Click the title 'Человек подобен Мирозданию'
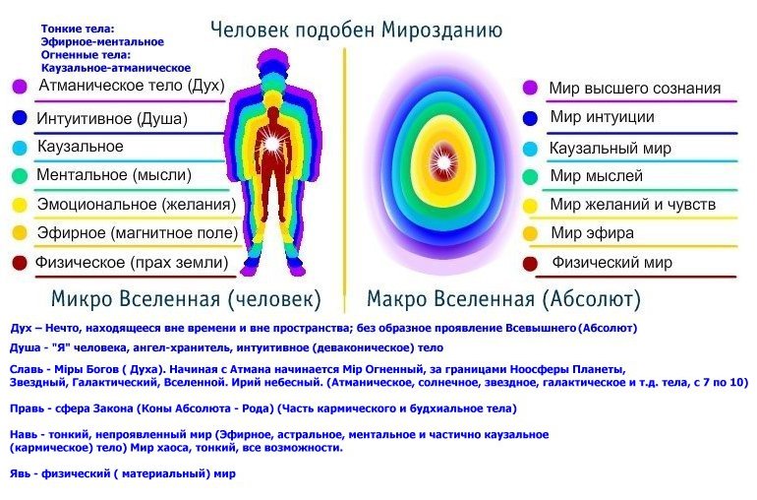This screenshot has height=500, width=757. [356, 30]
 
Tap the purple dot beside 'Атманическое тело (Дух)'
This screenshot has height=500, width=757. [20, 87]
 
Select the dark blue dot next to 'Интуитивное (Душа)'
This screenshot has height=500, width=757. [20, 118]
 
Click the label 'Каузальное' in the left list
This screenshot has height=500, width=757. [81, 147]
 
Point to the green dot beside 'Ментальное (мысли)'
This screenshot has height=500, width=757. [20, 175]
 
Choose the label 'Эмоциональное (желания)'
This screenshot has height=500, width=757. [137, 205]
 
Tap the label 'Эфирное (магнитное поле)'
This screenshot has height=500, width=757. [138, 233]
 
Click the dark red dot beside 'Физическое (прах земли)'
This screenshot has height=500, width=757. [20, 263]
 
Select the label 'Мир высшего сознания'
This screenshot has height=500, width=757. [635, 89]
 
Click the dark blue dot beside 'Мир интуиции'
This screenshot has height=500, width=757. [530, 118]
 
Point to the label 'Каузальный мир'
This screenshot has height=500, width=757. [611, 148]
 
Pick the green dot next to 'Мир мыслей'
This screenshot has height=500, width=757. [530, 176]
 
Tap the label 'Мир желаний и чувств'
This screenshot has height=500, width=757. [632, 205]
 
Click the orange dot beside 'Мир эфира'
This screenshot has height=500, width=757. [530, 234]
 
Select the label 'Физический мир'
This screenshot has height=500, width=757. [612, 263]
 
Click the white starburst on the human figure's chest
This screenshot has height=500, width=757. [272, 143]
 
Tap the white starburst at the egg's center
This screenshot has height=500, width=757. [443, 162]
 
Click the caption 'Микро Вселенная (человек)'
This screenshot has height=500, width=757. [187, 299]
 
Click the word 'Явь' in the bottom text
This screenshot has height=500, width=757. [21, 473]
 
